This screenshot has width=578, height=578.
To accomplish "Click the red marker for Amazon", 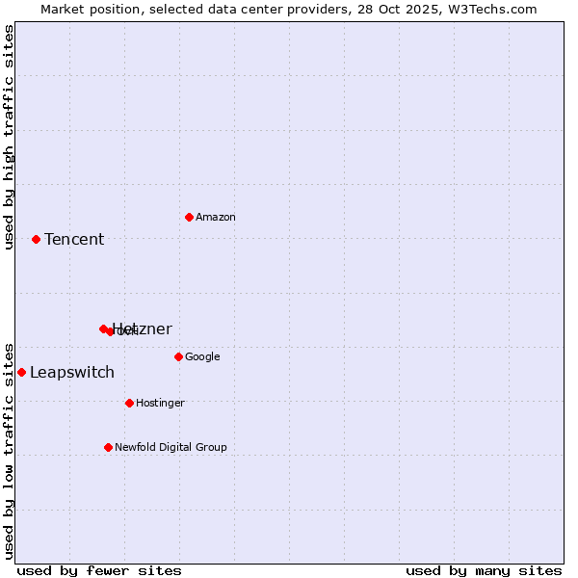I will coord(189,217).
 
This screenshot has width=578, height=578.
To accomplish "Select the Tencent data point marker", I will coord(36,239).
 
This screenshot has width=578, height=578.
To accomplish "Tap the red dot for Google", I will coord(178,356).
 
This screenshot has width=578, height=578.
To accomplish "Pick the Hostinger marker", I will coord(129,403).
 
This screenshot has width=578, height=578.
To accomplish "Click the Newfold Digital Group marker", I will coord(108,447).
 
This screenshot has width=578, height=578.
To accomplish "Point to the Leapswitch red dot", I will coord(21,372).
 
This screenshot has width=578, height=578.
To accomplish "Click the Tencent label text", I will coord(74,239).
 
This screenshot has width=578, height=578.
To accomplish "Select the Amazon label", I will coord(216,217).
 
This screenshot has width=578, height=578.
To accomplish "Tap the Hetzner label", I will coord(144,328).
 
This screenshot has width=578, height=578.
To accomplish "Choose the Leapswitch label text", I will coord(72,372).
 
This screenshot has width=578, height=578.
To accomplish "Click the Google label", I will coord(202,356).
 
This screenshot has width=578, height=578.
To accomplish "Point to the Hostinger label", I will coord(160,403).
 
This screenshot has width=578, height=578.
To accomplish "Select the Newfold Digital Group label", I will coord(171,447).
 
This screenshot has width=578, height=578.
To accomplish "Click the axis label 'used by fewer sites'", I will coord(99,570).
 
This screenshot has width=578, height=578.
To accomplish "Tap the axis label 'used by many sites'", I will coord(484,570).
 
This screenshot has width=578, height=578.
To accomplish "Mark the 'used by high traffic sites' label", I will coord(9,137).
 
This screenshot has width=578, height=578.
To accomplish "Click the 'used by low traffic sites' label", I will coord(9,450).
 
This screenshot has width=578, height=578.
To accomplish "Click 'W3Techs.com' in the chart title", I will coord(489,9).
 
